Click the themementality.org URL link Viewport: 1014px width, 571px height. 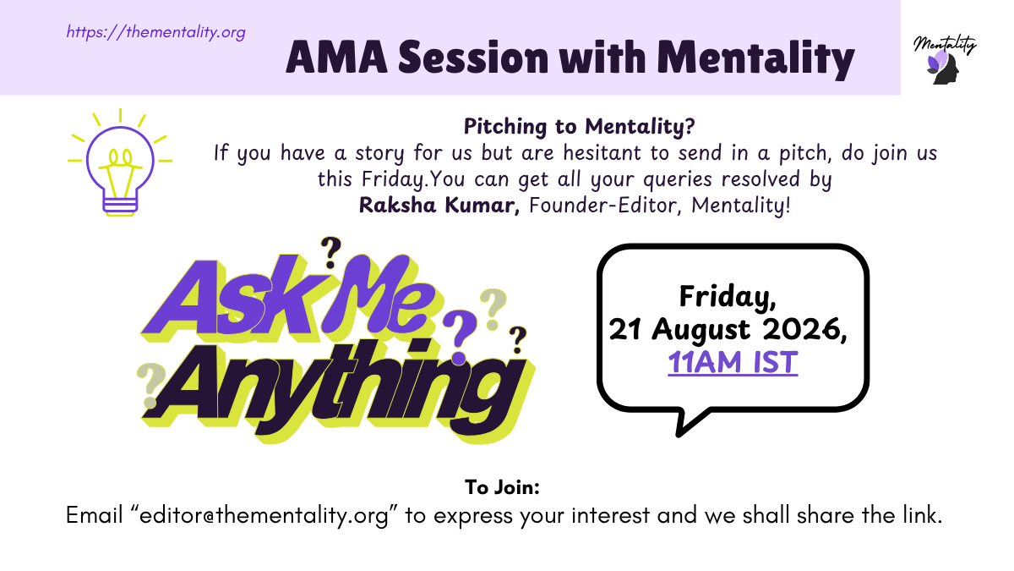155,32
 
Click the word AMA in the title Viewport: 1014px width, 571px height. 337,58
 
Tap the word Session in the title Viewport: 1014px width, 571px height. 473,58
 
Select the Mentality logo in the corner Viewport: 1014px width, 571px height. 945,59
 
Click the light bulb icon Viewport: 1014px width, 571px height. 120,162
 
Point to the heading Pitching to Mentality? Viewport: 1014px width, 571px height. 579,126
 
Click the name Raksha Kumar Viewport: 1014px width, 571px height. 439,205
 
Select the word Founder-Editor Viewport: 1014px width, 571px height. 605,206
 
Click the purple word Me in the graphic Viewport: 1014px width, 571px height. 378,294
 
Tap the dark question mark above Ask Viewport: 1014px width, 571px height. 331,253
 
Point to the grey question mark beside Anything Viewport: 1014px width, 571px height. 150,385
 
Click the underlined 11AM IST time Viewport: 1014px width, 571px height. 733,362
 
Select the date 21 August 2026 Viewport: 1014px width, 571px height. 727,329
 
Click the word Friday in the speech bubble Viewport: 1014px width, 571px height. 728,296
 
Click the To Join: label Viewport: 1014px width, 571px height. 502,487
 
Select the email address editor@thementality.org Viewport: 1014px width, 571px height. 264,515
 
